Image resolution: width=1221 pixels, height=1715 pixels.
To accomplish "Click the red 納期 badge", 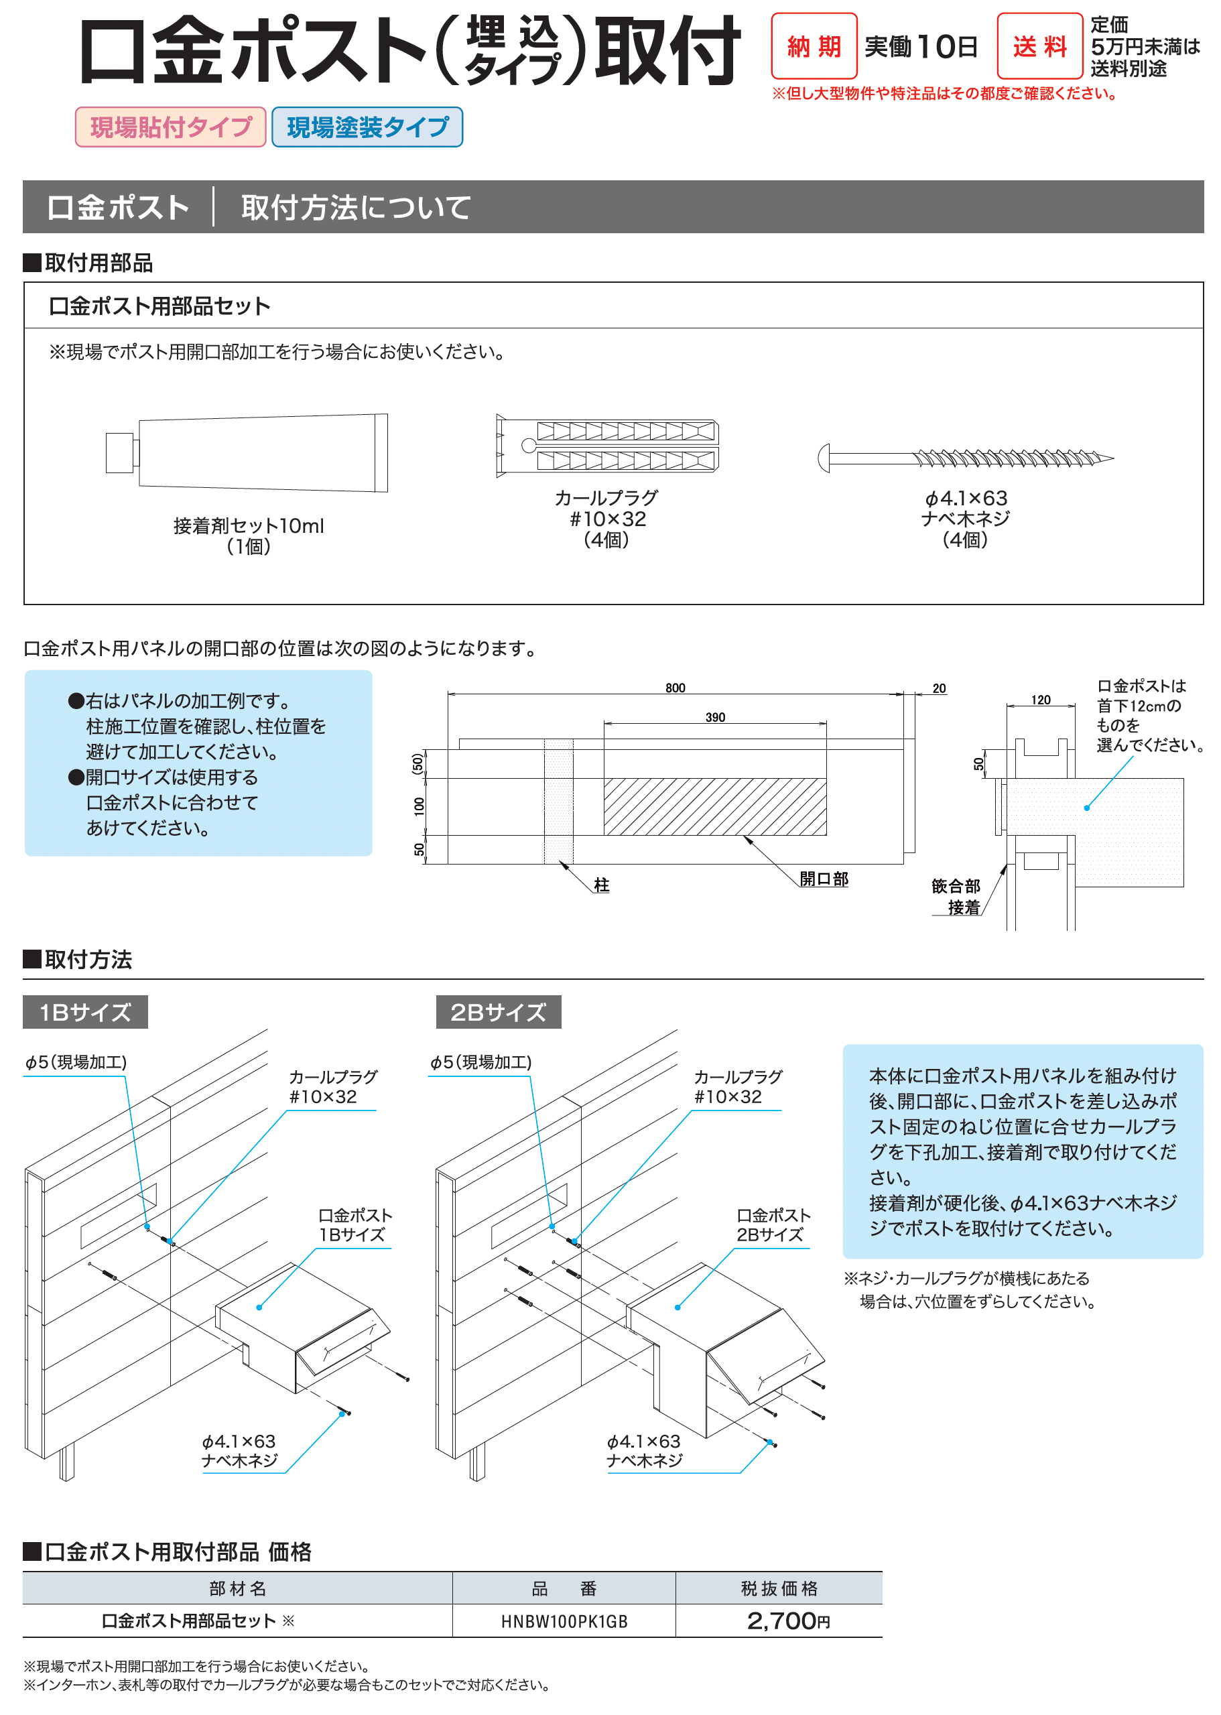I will [x=814, y=47].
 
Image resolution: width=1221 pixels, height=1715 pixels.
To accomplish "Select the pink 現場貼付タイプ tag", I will [x=171, y=127].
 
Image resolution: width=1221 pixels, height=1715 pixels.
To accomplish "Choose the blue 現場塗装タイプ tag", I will [x=367, y=127].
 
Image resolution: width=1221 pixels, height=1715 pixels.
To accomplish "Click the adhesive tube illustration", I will [x=248, y=452].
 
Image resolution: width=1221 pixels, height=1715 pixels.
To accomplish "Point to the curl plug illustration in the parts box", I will [x=606, y=446].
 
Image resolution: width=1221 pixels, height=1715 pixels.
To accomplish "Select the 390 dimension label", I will [x=715, y=717].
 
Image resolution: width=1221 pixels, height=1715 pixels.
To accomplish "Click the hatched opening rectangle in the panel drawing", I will [x=715, y=807].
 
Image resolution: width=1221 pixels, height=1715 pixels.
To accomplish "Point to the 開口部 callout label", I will [x=824, y=879].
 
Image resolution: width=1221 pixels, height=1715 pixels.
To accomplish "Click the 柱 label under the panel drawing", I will [x=602, y=885].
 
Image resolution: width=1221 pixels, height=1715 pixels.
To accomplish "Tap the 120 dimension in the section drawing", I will [x=1041, y=700].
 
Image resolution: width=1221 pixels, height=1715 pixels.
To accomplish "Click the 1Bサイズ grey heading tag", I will [x=85, y=1012].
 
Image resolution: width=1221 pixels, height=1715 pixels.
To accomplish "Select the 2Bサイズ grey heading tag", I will [x=499, y=1012].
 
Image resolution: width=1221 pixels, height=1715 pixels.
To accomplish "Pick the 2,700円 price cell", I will [x=788, y=1621].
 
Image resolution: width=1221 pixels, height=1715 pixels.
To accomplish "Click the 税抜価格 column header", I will [x=779, y=1589].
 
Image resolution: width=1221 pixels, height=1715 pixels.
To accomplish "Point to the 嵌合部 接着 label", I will [x=956, y=896].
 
